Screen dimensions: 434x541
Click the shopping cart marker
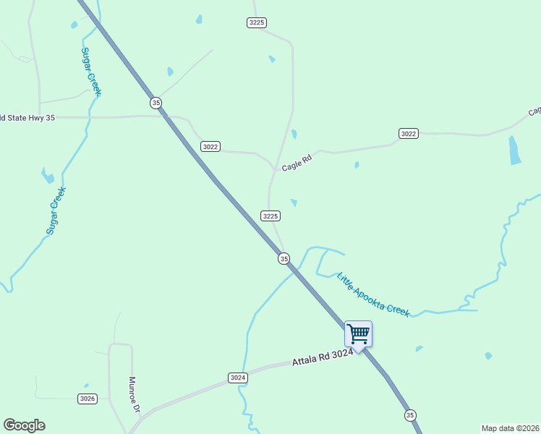click(x=358, y=334)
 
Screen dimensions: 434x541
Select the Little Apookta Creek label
click(x=373, y=295)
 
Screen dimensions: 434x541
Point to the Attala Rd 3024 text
click(x=323, y=356)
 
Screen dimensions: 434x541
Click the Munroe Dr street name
click(x=134, y=393)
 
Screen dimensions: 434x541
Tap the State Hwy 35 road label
click(x=27, y=117)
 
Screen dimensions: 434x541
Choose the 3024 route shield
click(x=238, y=378)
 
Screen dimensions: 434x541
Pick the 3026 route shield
click(x=88, y=399)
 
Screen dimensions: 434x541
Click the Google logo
click(x=24, y=425)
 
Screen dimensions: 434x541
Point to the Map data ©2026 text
click(x=510, y=428)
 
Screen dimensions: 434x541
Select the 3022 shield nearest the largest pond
click(x=409, y=133)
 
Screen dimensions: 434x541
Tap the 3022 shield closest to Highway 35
click(x=210, y=147)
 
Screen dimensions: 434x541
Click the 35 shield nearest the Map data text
click(x=411, y=414)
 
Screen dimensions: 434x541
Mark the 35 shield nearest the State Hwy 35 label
click(x=156, y=103)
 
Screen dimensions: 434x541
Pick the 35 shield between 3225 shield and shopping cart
click(x=284, y=258)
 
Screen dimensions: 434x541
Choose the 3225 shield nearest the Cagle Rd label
click(x=270, y=216)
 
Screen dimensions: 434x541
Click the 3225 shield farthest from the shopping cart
click(x=257, y=22)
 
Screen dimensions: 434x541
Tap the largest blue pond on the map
click(x=514, y=150)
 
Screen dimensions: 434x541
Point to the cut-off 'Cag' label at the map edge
click(x=534, y=112)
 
